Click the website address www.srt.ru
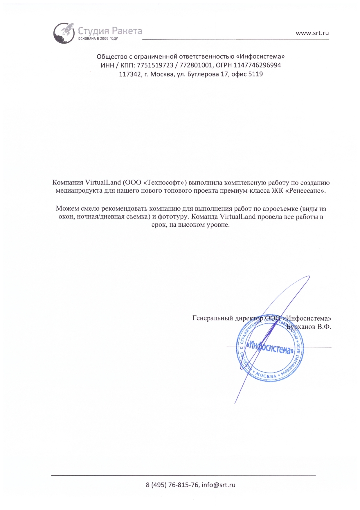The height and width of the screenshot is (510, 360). click(312, 33)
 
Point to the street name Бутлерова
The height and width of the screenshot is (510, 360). click(203, 74)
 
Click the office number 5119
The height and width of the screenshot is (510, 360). click(255, 74)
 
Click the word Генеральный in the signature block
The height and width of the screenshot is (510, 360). click(213, 318)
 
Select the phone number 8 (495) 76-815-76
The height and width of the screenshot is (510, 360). click(172, 485)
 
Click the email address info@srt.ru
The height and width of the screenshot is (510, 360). click(218, 485)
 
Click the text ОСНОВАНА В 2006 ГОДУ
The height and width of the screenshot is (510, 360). click(98, 39)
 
